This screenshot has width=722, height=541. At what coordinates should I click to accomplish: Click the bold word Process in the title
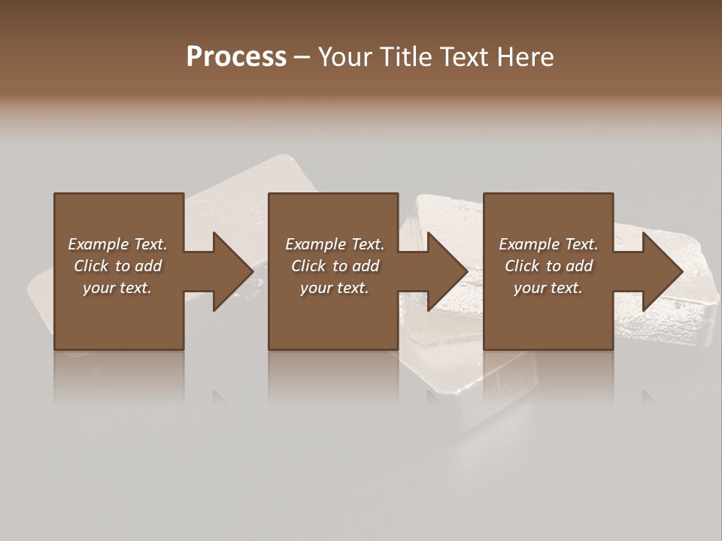click(236, 57)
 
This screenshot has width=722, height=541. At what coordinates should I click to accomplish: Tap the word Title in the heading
click(407, 57)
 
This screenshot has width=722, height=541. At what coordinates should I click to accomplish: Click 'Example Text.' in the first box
click(117, 244)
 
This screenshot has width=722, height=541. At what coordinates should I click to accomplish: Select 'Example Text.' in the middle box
click(335, 244)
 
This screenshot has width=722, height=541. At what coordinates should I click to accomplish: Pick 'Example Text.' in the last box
click(548, 244)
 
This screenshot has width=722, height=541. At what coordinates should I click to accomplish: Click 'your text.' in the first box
click(117, 288)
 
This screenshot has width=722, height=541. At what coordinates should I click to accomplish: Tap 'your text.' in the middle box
click(335, 288)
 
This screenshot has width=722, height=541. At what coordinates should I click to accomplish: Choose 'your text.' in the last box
click(548, 288)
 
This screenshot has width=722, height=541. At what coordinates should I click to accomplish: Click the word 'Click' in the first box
click(91, 266)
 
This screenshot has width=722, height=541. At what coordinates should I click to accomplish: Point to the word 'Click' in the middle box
click(308, 266)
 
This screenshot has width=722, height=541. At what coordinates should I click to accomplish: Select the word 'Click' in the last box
click(522, 266)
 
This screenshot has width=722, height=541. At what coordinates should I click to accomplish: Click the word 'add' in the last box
click(579, 266)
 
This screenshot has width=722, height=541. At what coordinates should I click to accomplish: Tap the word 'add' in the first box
click(148, 266)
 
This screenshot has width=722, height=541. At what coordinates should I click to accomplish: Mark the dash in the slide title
click(302, 57)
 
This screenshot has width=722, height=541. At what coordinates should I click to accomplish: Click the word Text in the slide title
click(462, 57)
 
